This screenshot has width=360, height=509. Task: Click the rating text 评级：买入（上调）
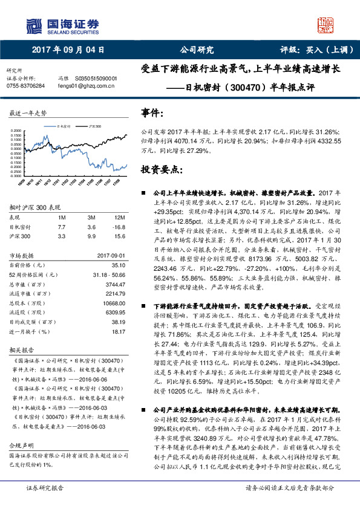[308, 51]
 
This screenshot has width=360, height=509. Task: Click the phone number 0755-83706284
[25, 86]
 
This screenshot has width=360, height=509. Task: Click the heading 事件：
[152, 113]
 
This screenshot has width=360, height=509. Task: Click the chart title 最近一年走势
[28, 114]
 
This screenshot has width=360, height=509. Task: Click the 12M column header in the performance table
[119, 217]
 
